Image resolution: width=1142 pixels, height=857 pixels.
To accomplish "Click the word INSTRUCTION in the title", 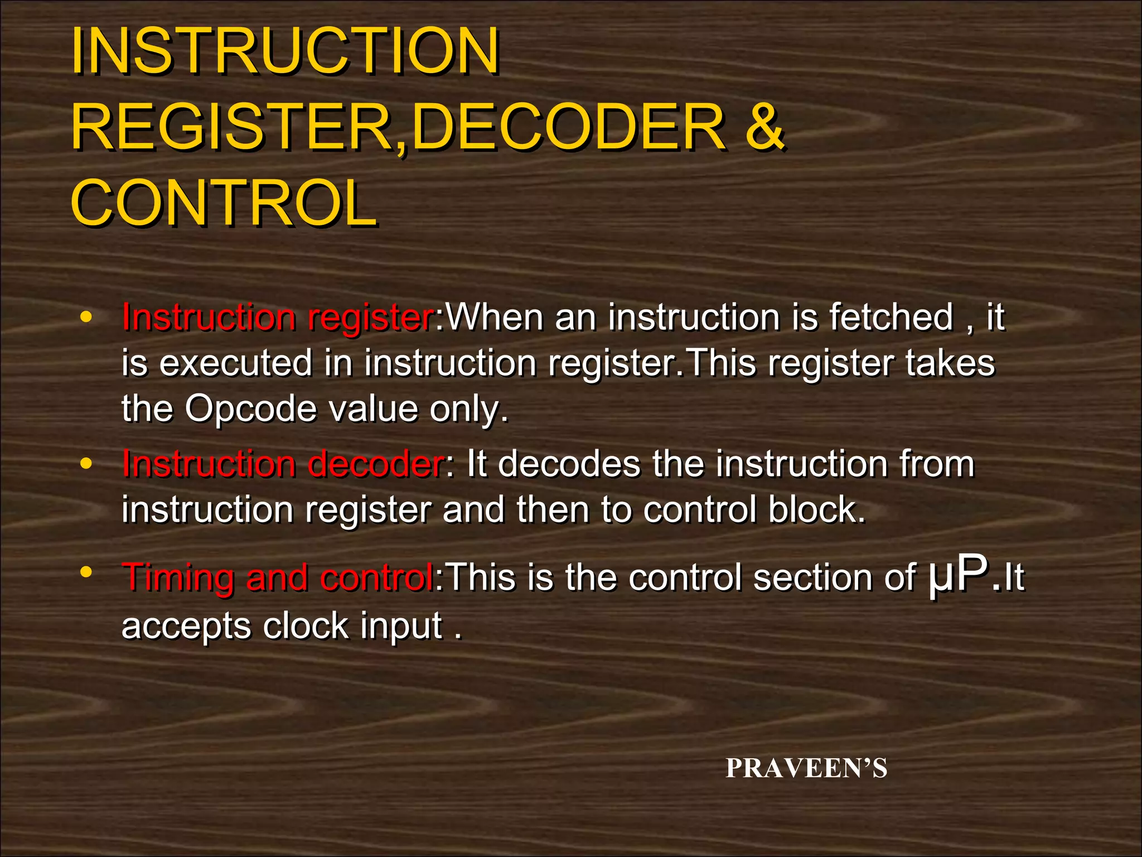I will [285, 51].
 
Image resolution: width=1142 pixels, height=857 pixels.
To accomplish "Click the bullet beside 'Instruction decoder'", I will [85, 464].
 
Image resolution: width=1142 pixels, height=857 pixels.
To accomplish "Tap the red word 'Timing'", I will [178, 577].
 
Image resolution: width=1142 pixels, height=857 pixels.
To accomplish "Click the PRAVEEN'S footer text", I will [806, 768].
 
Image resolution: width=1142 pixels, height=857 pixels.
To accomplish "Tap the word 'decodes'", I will [569, 464].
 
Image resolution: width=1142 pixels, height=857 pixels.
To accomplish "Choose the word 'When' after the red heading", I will [495, 317].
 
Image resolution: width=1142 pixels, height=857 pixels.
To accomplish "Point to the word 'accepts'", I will [186, 627].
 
